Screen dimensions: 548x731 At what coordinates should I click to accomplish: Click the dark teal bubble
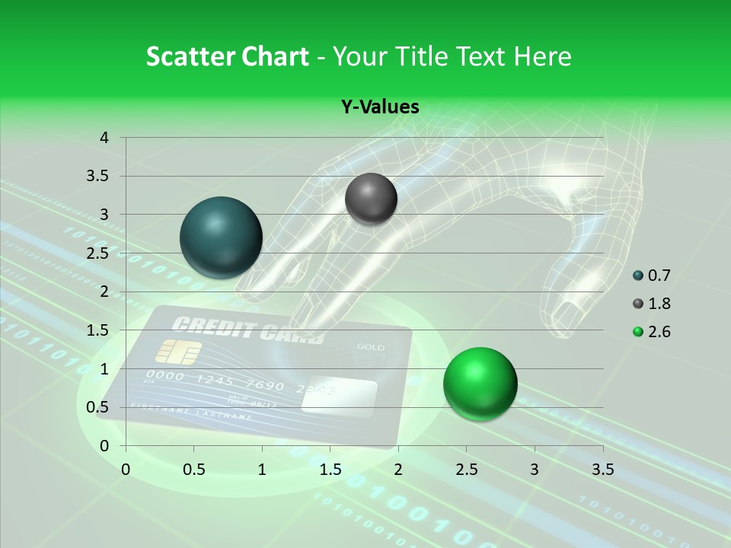[222, 237]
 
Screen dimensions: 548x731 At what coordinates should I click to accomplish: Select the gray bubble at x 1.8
[371, 199]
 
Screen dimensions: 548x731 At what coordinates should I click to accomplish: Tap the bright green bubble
[480, 384]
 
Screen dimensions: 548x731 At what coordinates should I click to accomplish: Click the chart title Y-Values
[380, 107]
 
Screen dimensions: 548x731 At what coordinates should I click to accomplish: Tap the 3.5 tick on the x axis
[602, 469]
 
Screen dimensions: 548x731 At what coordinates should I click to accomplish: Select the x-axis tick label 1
[262, 469]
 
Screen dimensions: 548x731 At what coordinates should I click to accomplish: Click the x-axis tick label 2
[398, 469]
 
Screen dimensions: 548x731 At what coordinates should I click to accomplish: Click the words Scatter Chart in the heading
[227, 56]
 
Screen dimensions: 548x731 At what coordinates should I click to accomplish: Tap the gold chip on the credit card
[178, 352]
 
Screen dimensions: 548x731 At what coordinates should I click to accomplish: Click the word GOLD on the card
[371, 348]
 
